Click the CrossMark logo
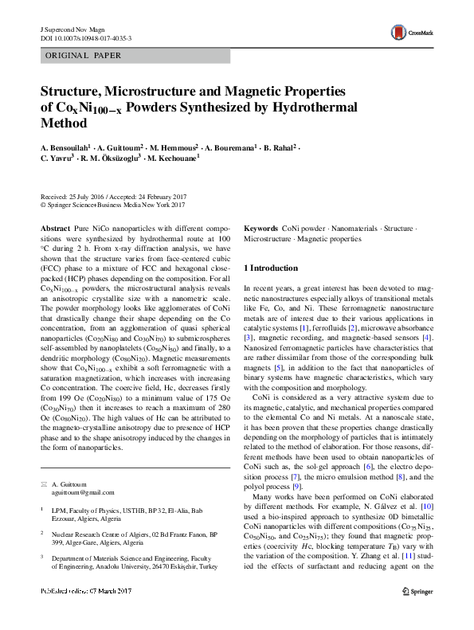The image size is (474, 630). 409,33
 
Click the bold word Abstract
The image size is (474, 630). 54,228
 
